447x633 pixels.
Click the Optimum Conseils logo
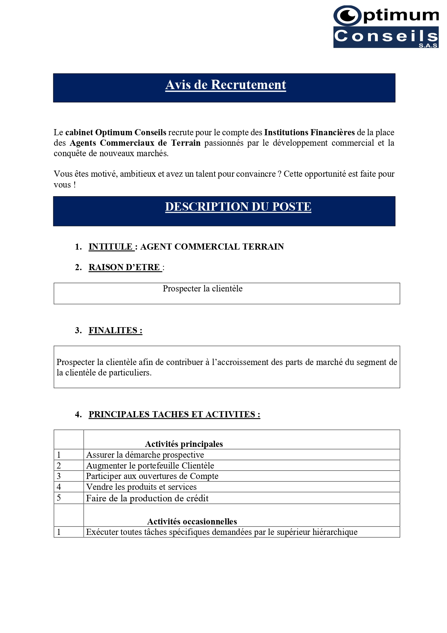coord(386,27)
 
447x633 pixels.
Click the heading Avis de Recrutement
coord(226,85)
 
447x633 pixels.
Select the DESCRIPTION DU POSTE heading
coord(238,207)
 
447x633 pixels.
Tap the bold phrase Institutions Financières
coord(309,132)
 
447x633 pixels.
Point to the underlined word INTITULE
coord(111,247)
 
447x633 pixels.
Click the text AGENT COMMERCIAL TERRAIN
coord(212,247)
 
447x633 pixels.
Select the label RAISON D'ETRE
coord(124,267)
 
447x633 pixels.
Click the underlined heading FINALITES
coord(115,330)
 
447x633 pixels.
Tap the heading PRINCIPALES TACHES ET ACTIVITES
coord(174,414)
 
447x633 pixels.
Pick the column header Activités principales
coord(184,444)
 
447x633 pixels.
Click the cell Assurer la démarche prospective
coord(145,455)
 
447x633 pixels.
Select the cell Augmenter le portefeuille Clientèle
coord(150,466)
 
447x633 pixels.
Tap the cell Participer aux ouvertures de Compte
coord(152,476)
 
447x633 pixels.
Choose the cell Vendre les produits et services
coord(141,487)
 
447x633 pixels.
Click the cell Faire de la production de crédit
coord(147,498)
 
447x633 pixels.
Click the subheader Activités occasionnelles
coord(192,522)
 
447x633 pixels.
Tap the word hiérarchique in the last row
coord(335,532)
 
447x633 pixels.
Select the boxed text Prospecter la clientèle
coord(203,289)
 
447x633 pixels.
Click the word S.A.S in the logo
coord(428,45)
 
